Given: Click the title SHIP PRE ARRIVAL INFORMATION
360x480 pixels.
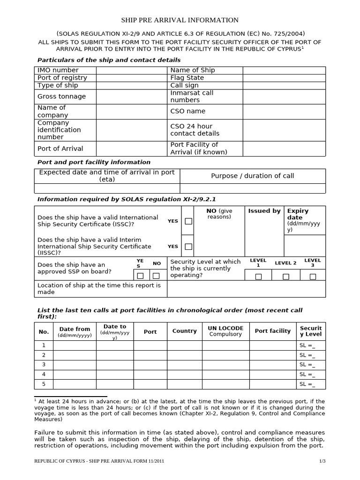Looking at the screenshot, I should point(180,20).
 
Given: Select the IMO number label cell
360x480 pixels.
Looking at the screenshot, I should point(58,70).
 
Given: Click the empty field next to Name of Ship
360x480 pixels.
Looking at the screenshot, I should point(284,70).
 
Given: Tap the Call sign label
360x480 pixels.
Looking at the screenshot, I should point(184,85).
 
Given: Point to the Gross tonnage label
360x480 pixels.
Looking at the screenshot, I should point(61,97).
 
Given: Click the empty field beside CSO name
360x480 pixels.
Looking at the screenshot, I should point(284,112).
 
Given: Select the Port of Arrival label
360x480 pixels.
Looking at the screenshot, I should point(60,149).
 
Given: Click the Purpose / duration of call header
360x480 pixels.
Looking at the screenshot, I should point(252,176).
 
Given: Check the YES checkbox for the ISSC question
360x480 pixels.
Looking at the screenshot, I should point(188,221).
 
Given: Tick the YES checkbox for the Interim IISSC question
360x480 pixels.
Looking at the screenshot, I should point(188,247).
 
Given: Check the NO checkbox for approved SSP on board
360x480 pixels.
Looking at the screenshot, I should point(156,276).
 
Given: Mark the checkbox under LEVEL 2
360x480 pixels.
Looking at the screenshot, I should point(285,277).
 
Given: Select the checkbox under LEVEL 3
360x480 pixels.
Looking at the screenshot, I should point(313,277).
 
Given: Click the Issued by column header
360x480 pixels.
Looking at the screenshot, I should point(264,211).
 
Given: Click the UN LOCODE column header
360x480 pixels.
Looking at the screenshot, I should point(225,331).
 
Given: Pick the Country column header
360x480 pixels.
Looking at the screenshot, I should point(184,331).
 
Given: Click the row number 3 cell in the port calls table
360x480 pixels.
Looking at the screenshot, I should point(44,365).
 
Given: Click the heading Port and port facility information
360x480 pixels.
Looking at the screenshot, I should point(94,162).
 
